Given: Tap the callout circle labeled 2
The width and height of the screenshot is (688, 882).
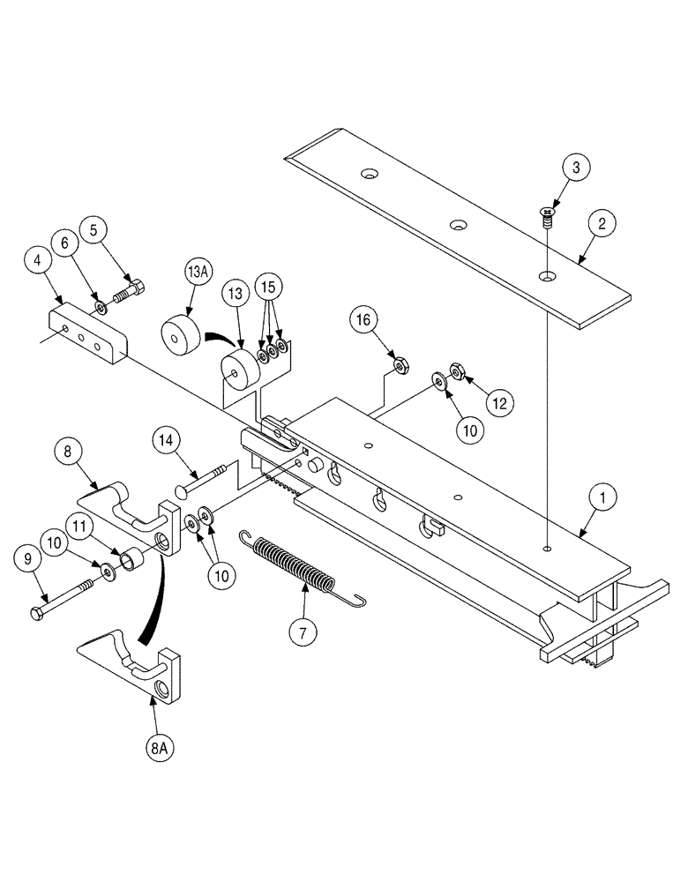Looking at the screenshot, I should (x=602, y=224).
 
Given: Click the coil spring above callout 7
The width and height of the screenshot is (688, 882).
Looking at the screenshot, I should (x=295, y=566).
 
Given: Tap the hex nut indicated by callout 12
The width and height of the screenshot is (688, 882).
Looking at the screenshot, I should (x=458, y=371).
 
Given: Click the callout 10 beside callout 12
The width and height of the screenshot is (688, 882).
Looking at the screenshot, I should (x=469, y=430).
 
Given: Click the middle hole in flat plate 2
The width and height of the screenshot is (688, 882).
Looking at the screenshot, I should (x=457, y=227).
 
